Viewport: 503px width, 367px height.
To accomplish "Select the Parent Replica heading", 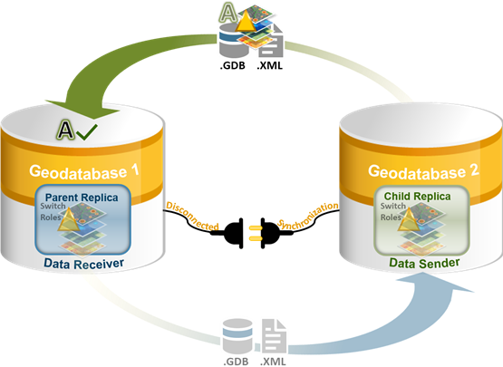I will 79,197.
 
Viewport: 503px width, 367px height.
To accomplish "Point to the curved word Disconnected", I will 191,215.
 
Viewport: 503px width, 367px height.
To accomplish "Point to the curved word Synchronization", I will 308,217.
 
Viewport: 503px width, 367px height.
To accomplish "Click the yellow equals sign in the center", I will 255,234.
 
